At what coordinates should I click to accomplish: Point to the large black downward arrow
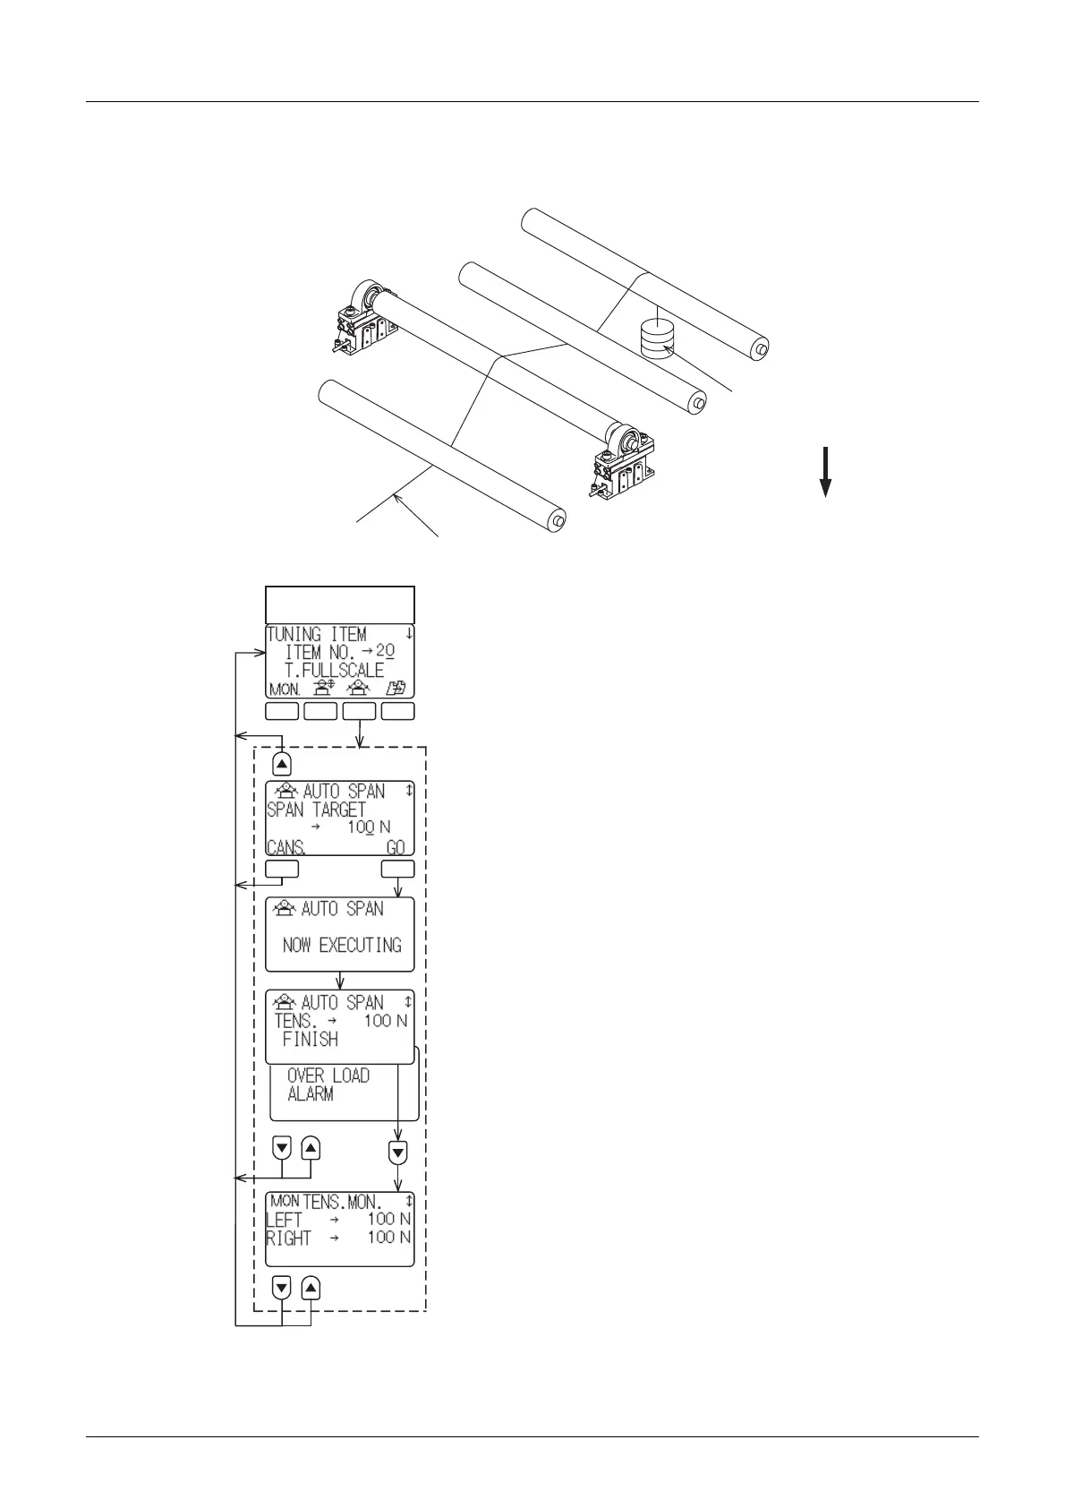click(826, 470)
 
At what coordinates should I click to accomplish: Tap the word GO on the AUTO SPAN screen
click(396, 847)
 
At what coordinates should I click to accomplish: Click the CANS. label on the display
click(286, 847)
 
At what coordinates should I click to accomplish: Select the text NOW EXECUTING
click(342, 945)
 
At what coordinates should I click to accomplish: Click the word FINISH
click(311, 1039)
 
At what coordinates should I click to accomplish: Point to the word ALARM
click(311, 1093)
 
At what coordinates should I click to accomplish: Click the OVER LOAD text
click(328, 1075)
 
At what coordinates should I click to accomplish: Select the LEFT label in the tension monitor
click(285, 1219)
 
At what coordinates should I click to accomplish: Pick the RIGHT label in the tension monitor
click(289, 1238)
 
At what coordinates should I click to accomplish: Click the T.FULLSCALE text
click(335, 670)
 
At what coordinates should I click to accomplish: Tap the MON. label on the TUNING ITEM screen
click(285, 690)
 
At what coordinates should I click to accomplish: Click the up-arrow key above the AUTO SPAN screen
click(282, 764)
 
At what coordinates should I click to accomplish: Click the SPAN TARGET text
click(317, 810)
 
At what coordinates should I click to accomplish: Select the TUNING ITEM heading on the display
click(317, 634)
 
